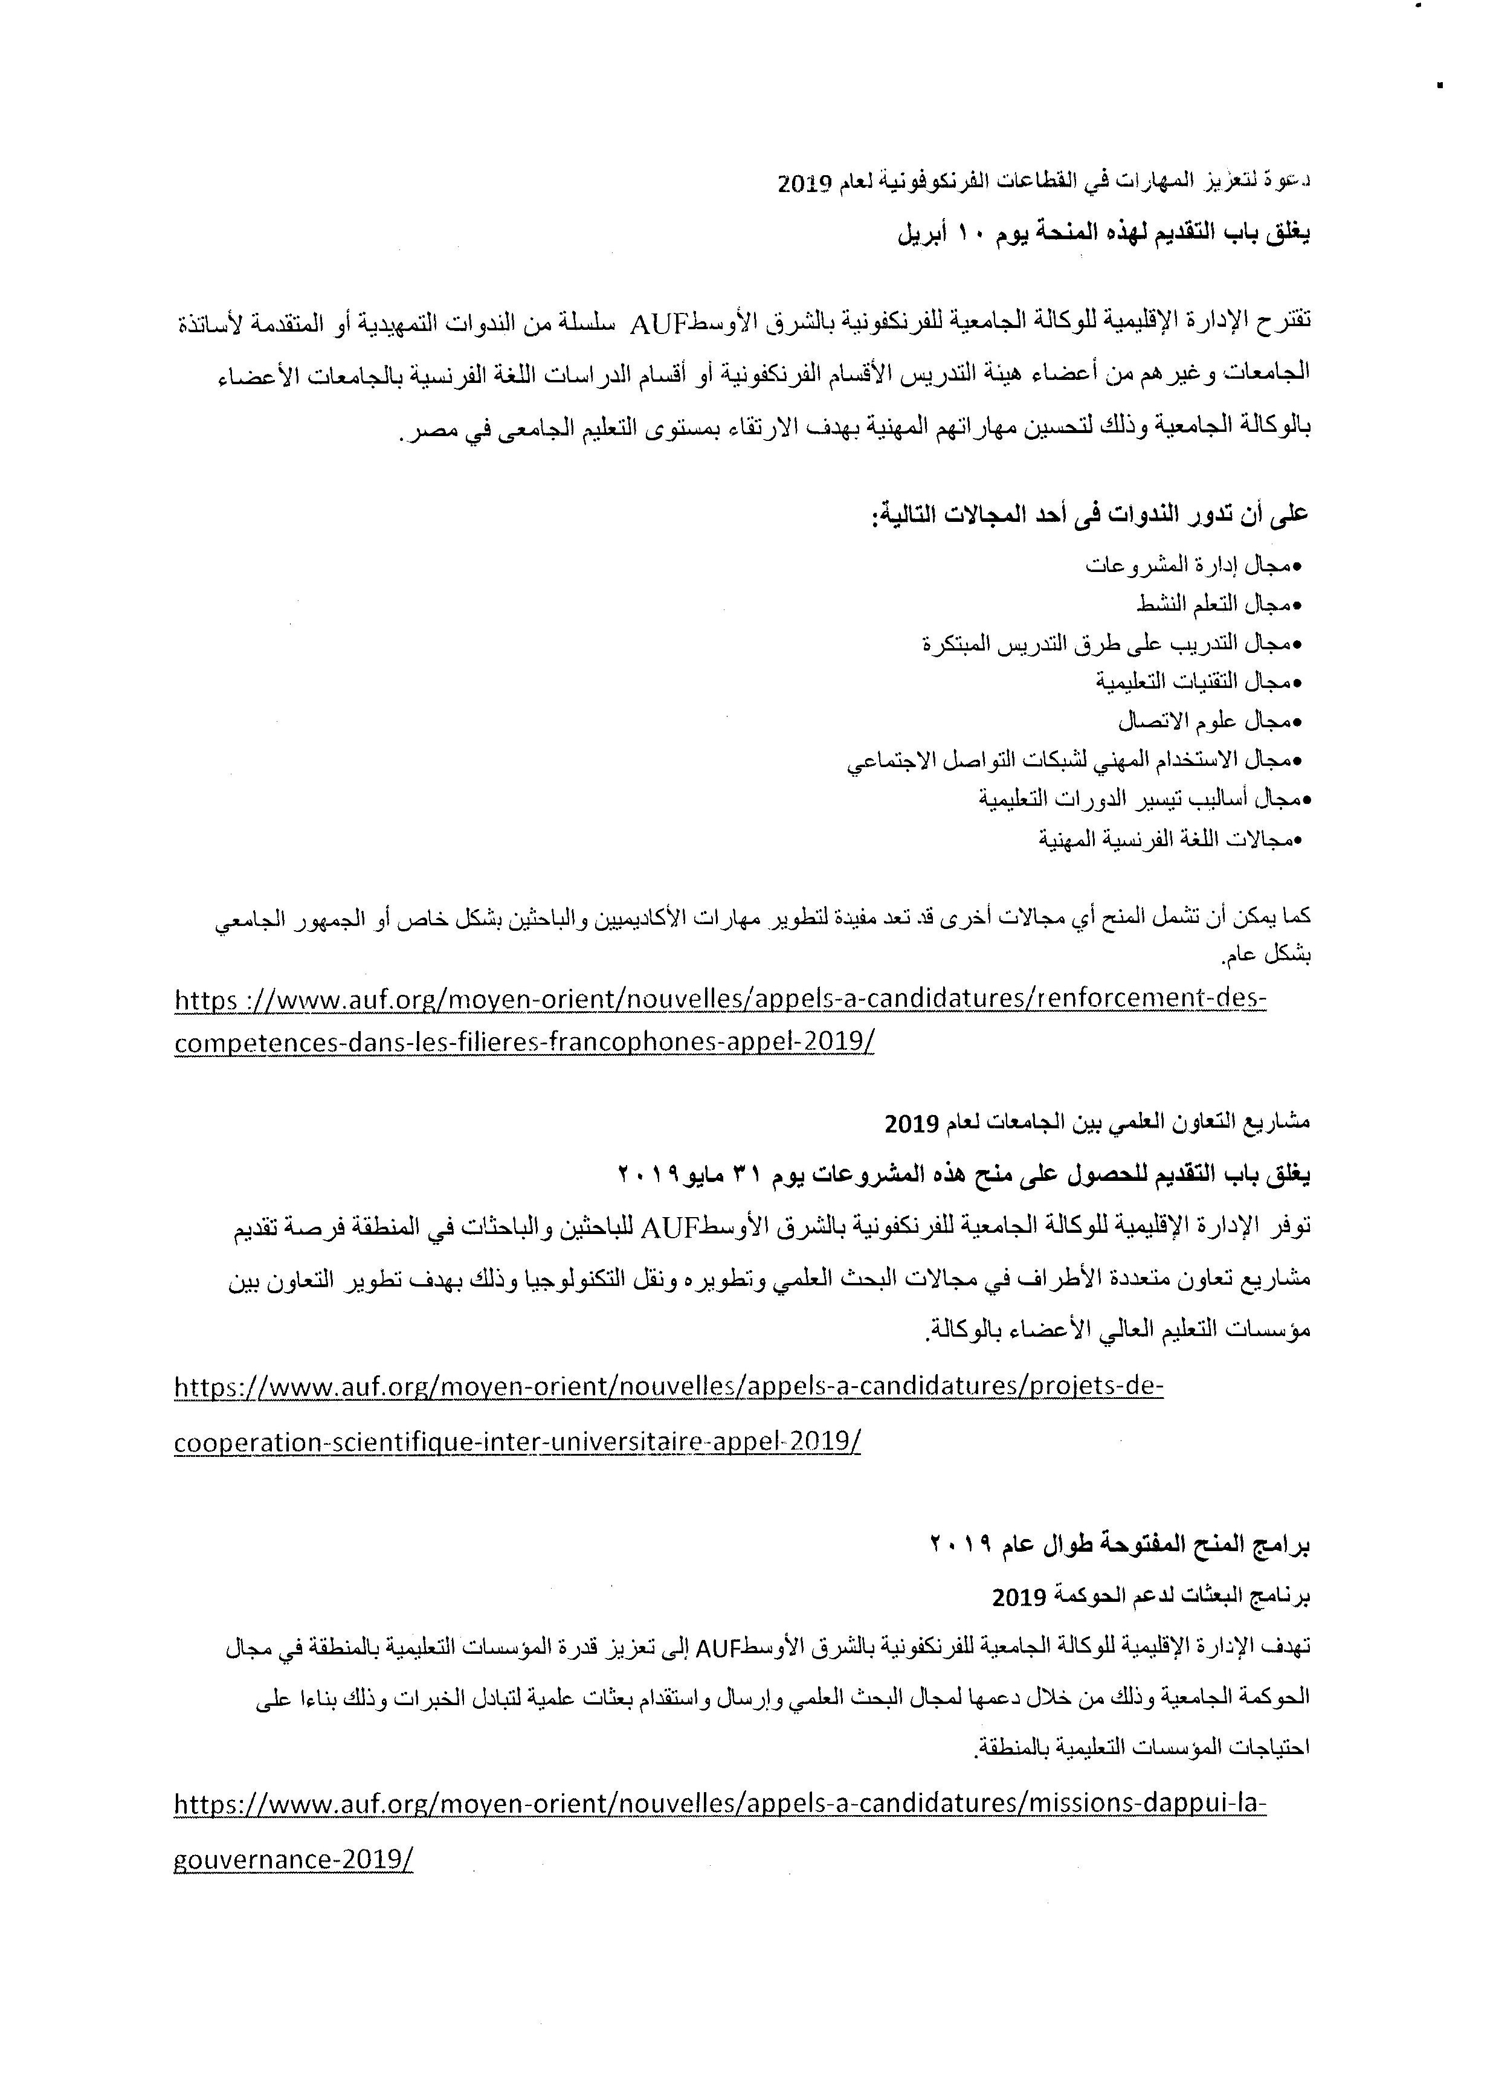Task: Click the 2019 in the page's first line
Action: (x=804, y=184)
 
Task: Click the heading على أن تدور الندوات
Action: (x=1088, y=515)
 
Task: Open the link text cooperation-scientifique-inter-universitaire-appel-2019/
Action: (x=517, y=1441)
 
